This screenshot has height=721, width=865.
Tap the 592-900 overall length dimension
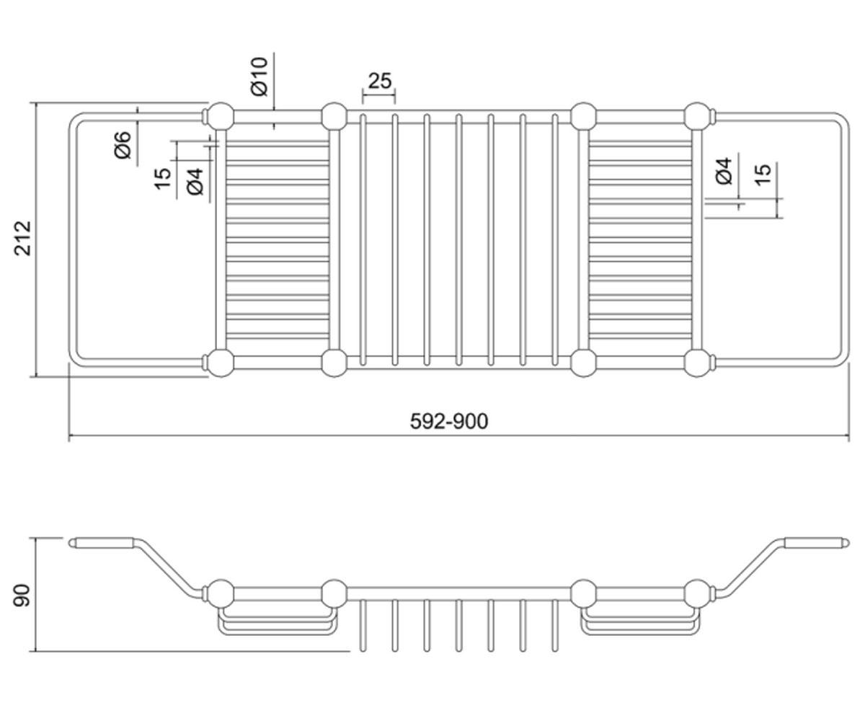pos(449,421)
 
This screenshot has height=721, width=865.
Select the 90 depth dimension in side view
pos(22,596)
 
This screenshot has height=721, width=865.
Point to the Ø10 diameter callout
pos(259,76)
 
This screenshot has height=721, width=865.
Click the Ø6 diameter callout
pos(123,145)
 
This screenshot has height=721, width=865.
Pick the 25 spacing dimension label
pos(379,81)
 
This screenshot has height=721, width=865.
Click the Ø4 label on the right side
pos(724,171)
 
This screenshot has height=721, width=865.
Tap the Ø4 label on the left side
pos(195,181)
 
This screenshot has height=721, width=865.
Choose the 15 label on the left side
pos(163,179)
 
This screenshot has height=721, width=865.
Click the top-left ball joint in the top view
pos(221,116)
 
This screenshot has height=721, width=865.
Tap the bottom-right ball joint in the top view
pos(697,363)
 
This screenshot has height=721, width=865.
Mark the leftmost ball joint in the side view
pos(221,593)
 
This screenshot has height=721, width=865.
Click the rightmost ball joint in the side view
pos(697,593)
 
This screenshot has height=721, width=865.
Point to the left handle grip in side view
pos(102,543)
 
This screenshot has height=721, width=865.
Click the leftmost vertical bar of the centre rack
pos(363,240)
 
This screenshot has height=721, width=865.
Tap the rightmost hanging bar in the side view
pos(555,626)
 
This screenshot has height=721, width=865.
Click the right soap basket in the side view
pos(640,621)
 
